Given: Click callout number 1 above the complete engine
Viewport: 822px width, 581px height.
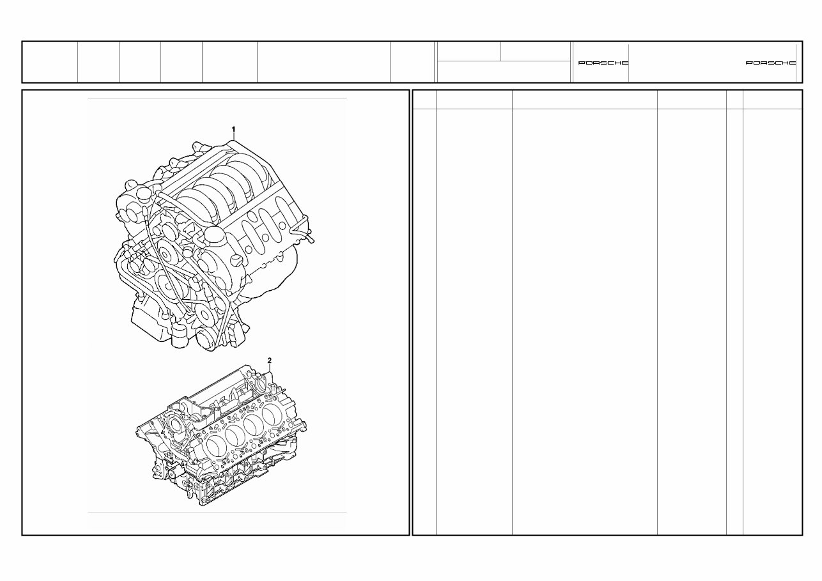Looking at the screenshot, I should click(233, 129).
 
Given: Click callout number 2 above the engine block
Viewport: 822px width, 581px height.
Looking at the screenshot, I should click(270, 360).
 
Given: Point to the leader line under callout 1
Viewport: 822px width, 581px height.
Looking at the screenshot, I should click(234, 139).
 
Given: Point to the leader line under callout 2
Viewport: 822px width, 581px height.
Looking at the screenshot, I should click(270, 369).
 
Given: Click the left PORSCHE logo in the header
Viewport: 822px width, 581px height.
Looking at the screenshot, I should click(603, 63).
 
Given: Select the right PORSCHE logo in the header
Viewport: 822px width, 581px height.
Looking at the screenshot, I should click(771, 63).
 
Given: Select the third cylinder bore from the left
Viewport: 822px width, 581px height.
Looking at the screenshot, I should click(255, 424).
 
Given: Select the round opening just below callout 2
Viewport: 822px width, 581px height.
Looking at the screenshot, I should click(261, 385).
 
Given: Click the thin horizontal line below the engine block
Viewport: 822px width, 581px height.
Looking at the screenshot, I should click(217, 512).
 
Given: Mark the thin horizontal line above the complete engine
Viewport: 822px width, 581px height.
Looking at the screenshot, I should click(217, 98).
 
